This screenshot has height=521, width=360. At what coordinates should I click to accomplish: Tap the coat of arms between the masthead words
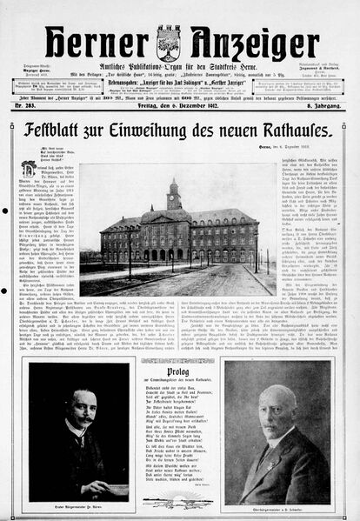168,43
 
